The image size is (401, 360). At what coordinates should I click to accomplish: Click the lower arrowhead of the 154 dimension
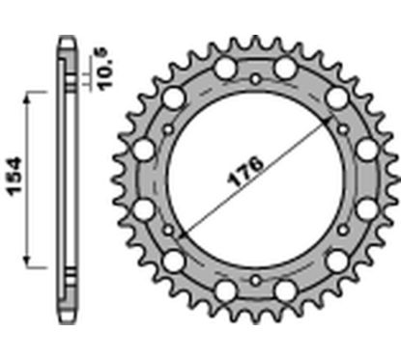[x=35, y=262]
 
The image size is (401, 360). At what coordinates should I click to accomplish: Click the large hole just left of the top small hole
[x=225, y=69]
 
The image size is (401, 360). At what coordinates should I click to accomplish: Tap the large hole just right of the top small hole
[x=286, y=69]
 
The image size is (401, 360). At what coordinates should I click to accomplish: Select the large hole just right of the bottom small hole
[x=286, y=291]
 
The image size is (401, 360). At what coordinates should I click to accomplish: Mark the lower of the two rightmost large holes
[x=366, y=209]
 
